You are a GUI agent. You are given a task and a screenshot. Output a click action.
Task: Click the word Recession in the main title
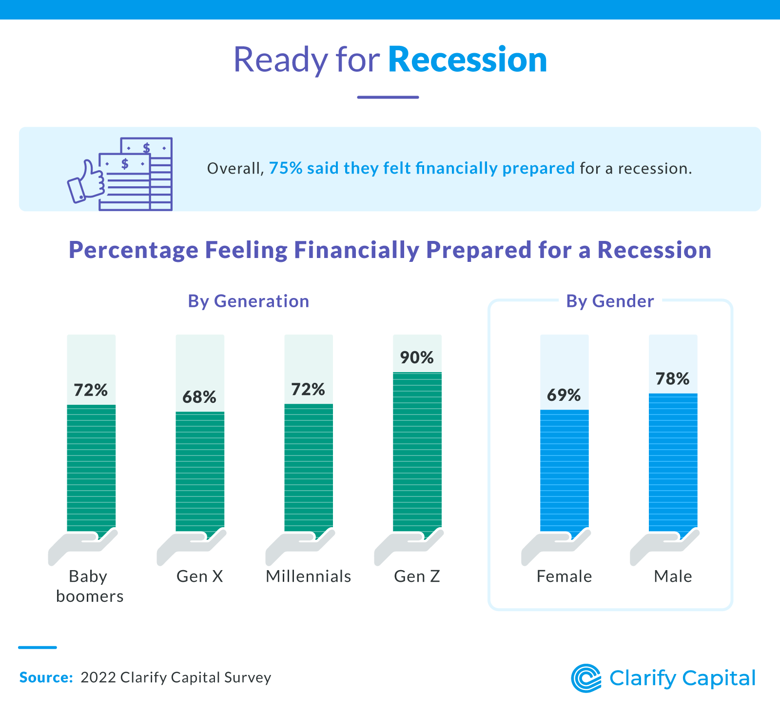pyautogui.click(x=467, y=60)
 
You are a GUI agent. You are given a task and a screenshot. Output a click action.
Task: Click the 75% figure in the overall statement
pyautogui.click(x=286, y=168)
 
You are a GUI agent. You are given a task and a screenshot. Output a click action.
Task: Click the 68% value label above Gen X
pyautogui.click(x=199, y=397)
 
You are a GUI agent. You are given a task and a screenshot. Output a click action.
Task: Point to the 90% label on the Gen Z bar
pyautogui.click(x=417, y=357)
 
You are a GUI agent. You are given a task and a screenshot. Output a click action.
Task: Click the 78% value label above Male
pyautogui.click(x=672, y=379)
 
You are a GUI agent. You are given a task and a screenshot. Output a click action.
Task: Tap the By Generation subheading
pyautogui.click(x=248, y=301)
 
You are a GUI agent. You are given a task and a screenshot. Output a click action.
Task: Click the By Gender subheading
pyautogui.click(x=609, y=301)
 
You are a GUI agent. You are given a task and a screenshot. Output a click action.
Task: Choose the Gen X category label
pyautogui.click(x=199, y=576)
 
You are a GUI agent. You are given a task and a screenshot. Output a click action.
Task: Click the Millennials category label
pyautogui.click(x=308, y=576)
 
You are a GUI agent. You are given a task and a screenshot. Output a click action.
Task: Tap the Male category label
pyautogui.click(x=673, y=576)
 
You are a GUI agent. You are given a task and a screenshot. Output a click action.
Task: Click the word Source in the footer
pyautogui.click(x=45, y=677)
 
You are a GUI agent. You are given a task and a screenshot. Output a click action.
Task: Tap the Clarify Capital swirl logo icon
pyautogui.click(x=586, y=678)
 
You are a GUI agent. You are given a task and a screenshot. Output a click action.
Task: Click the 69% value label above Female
pyautogui.click(x=564, y=395)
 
